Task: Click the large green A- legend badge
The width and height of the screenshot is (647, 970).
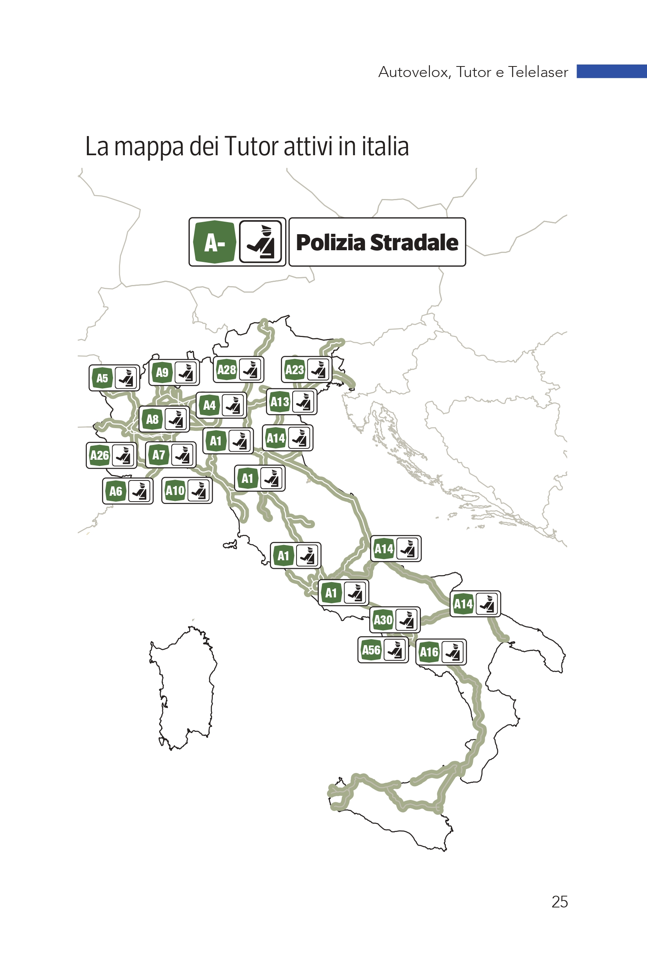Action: (x=215, y=242)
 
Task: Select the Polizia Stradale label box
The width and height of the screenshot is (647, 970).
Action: (x=377, y=242)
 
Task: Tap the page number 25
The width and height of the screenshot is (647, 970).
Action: (x=559, y=902)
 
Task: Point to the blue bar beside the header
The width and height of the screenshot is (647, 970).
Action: (x=611, y=71)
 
